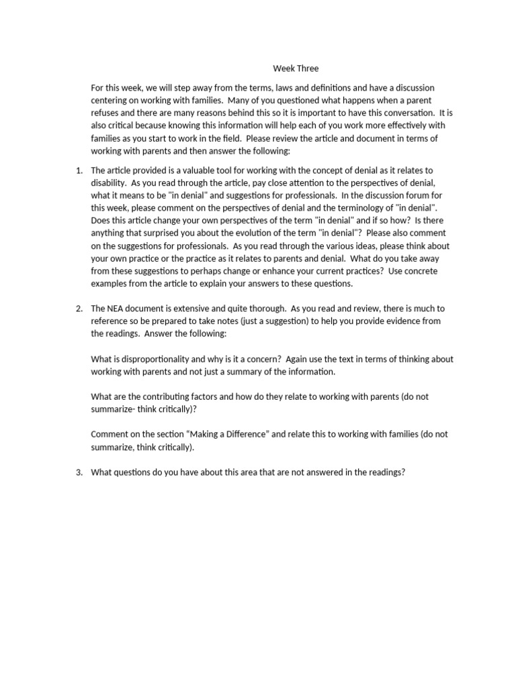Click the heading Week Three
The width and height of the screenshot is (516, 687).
296,68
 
